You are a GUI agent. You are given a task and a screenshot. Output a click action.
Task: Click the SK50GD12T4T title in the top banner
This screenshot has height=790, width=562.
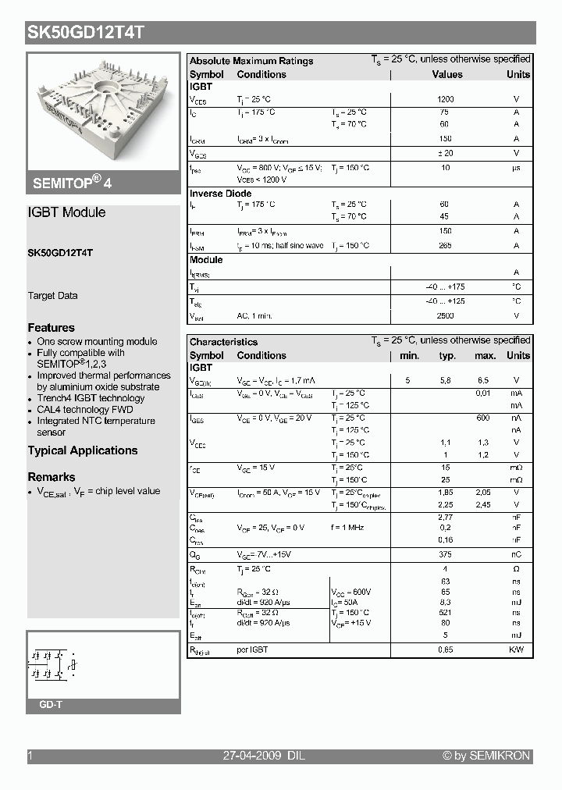85,33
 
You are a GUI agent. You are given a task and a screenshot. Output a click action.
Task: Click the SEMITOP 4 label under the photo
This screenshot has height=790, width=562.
72,183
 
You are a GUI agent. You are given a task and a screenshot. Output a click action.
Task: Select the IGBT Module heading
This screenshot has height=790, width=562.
66,212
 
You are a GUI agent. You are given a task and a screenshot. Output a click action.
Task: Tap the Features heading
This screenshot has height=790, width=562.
52,328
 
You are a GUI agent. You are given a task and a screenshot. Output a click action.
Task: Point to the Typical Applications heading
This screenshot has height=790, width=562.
83,450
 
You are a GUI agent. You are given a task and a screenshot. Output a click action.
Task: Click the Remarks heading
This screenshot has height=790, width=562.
52,477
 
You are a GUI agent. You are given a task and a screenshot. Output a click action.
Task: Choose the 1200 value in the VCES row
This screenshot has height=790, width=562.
446,100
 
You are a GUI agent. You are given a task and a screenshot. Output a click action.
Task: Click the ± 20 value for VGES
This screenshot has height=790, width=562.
446,153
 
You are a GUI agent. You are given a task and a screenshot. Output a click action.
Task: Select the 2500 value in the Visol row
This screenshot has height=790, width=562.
445,316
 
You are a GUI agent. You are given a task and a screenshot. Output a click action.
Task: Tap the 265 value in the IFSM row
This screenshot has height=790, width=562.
446,246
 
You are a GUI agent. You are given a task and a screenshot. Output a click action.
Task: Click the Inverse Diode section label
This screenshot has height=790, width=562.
221,194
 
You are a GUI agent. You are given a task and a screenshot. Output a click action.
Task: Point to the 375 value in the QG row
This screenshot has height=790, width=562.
446,554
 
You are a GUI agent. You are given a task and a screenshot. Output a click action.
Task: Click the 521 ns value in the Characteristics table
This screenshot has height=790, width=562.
446,613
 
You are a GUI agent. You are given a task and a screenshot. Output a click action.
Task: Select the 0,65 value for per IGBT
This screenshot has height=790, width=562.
446,649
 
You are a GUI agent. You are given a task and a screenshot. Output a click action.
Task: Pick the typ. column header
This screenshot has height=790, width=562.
447,356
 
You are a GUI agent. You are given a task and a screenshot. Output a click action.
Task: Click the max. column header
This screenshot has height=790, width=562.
486,356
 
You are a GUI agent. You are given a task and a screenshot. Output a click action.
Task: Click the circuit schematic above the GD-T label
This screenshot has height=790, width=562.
53,664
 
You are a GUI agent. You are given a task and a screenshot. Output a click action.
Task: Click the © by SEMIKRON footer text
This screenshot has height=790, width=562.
486,756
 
